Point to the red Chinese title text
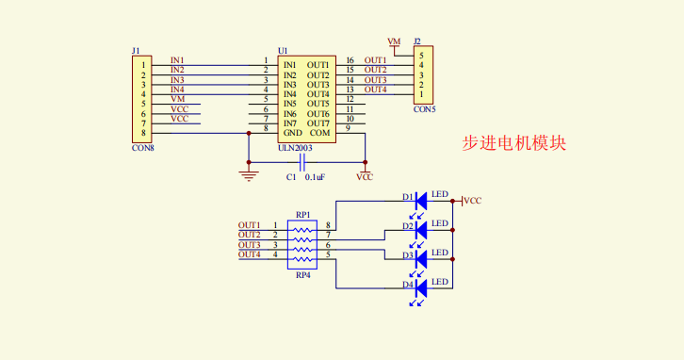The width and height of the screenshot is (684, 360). pyautogui.click(x=513, y=143)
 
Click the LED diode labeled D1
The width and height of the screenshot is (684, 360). pyautogui.click(x=421, y=199)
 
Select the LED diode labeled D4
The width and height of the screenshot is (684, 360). pyautogui.click(x=421, y=286)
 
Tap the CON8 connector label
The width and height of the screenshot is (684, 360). pyautogui.click(x=142, y=147)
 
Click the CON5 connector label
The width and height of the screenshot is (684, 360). pyautogui.click(x=424, y=109)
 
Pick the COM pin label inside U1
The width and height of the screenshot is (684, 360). pyautogui.click(x=318, y=133)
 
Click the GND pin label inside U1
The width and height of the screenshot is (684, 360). pyautogui.click(x=292, y=133)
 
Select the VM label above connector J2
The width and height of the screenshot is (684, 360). pyautogui.click(x=394, y=42)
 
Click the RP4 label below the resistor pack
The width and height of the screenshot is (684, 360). pyautogui.click(x=302, y=275)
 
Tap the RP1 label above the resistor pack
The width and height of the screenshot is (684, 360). pyautogui.click(x=302, y=215)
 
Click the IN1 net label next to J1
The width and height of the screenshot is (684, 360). pyautogui.click(x=177, y=59)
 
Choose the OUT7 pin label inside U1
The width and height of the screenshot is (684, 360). pyautogui.click(x=318, y=123)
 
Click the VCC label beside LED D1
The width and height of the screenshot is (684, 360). pyautogui.click(x=473, y=201)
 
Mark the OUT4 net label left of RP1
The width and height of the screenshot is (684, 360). pyautogui.click(x=249, y=254)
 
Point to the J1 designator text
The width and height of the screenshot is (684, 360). pyautogui.click(x=137, y=50)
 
